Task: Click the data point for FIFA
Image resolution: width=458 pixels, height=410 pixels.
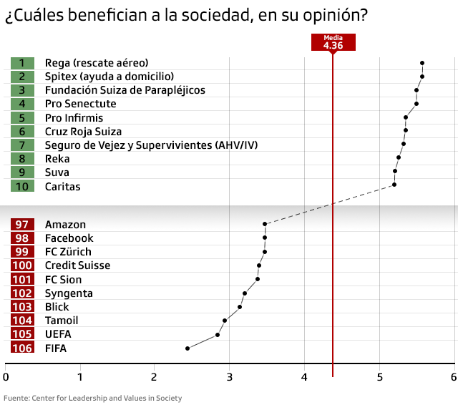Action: click(187, 348)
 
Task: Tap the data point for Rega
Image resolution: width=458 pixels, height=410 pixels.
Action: click(422, 63)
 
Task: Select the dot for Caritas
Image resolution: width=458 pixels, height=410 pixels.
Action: click(394, 185)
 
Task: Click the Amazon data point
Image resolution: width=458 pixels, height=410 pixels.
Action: click(265, 224)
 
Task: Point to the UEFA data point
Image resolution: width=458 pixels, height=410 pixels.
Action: click(218, 335)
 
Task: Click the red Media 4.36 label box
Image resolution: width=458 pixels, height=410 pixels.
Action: click(333, 43)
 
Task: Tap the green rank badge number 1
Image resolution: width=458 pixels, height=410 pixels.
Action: click(22, 63)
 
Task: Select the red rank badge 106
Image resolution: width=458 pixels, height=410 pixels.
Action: click(22, 348)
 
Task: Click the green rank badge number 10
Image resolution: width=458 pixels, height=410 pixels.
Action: click(22, 186)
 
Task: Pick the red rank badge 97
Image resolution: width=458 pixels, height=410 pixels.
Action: click(22, 225)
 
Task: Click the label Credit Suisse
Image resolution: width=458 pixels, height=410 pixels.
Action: click(77, 265)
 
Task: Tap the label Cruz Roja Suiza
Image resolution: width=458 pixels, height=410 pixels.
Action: click(83, 132)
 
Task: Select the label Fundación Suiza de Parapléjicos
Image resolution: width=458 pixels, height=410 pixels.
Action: click(125, 90)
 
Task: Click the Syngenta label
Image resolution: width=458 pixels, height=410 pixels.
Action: click(69, 293)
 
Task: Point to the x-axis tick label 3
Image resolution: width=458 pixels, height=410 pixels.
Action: click(230, 377)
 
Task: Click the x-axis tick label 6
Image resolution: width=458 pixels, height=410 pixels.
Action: click(453, 377)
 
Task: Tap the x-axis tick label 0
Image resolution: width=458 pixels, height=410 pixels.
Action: click(6, 377)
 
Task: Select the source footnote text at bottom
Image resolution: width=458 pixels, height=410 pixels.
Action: click(93, 398)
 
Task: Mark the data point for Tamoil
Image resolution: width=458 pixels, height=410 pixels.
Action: click(225, 321)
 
